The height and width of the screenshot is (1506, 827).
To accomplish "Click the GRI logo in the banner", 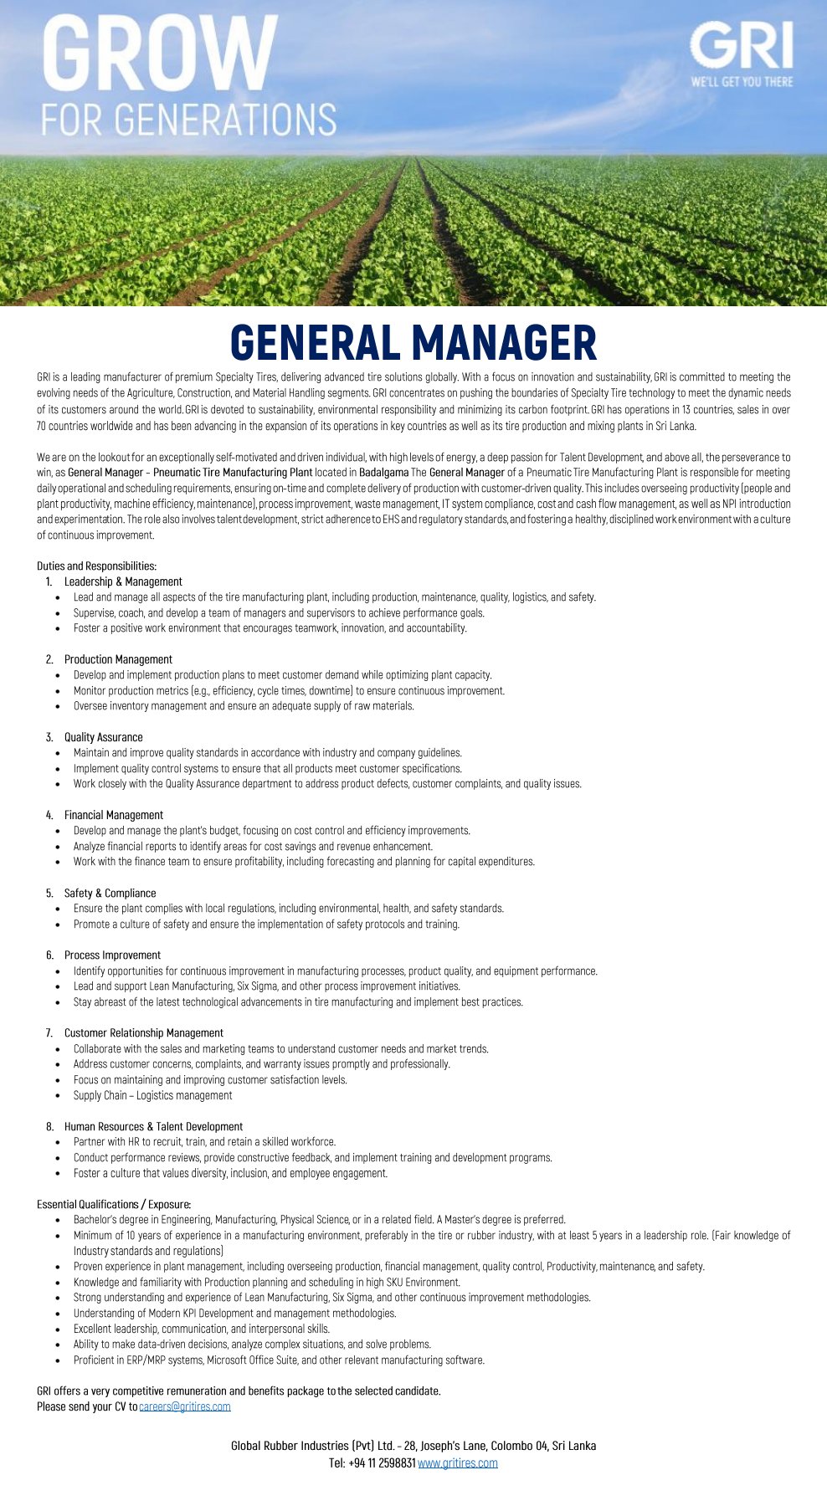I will pyautogui.click(x=741, y=45).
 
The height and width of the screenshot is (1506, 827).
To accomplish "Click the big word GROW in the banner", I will pyautogui.click(x=159, y=54).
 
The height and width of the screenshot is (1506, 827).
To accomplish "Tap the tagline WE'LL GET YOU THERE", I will pyautogui.click(x=742, y=82).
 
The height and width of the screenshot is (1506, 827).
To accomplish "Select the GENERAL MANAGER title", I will pyautogui.click(x=413, y=343).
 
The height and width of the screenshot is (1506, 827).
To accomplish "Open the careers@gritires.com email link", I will pyautogui.click(x=185, y=1406).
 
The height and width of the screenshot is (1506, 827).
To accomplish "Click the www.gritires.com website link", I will pyautogui.click(x=458, y=1463).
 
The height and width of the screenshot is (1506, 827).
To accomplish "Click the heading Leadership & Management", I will pyautogui.click(x=123, y=581).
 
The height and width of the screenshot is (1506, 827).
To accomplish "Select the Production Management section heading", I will pyautogui.click(x=118, y=659).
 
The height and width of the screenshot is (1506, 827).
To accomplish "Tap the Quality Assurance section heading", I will pyautogui.click(x=103, y=737).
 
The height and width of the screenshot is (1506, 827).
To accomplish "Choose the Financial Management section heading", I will pyautogui.click(x=114, y=815).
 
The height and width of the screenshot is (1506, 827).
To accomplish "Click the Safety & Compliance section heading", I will pyautogui.click(x=110, y=893).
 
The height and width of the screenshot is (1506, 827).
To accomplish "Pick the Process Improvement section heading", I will pyautogui.click(x=112, y=955).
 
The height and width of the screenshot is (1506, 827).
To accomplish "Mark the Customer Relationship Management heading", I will pyautogui.click(x=143, y=1033).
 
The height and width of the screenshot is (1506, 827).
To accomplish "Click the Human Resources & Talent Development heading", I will pyautogui.click(x=153, y=1126).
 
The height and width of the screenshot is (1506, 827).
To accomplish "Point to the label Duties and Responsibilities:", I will pyautogui.click(x=96, y=566).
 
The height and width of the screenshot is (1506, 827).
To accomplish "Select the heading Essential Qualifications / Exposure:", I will pyautogui.click(x=114, y=1204).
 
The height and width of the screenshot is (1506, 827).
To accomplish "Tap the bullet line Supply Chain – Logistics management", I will pyautogui.click(x=152, y=1095).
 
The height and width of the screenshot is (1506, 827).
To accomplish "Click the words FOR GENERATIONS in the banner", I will pyautogui.click(x=188, y=120).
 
